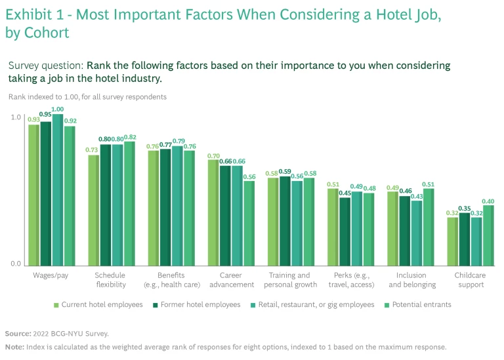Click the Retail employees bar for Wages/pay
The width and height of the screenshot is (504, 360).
click(57, 190)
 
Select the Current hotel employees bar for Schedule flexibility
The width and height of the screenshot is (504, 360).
click(94, 210)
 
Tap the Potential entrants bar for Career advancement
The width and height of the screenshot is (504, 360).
click(249, 223)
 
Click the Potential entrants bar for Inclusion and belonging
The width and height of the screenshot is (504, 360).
click(429, 227)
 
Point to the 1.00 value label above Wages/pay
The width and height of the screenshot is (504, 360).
click(58, 110)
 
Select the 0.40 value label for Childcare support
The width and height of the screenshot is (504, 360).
click(488, 201)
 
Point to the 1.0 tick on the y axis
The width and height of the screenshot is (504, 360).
click(16, 117)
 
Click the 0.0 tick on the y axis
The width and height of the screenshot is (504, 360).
click(16, 264)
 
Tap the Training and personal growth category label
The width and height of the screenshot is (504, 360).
click(290, 280)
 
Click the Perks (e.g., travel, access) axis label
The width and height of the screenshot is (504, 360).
click(350, 280)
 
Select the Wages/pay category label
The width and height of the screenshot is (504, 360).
click(51, 275)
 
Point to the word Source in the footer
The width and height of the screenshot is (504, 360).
click(17, 333)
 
